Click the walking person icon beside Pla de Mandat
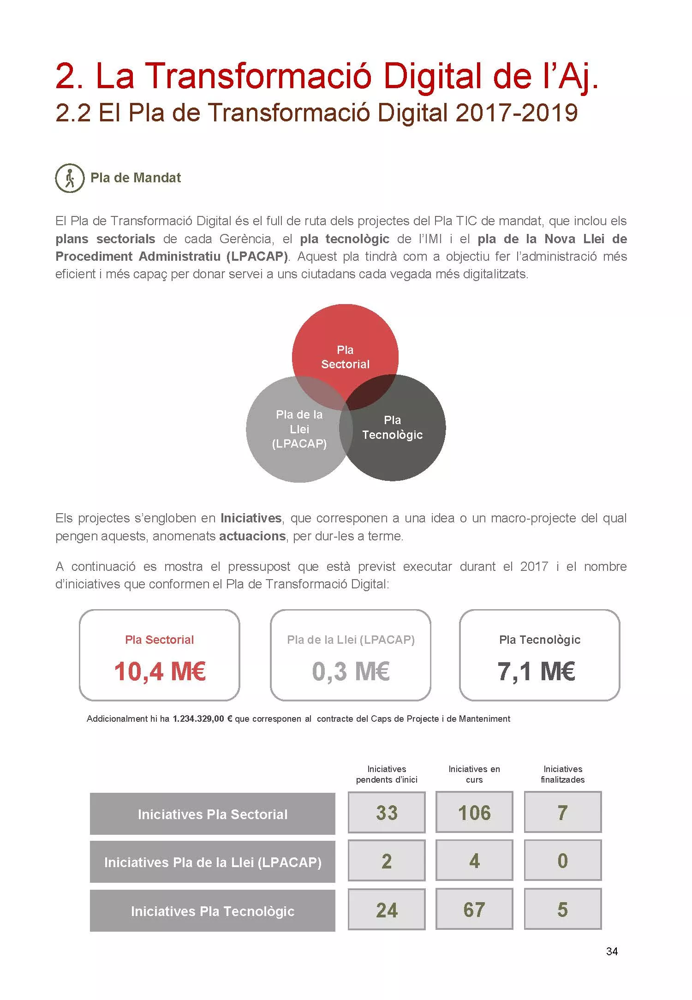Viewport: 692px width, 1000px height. click(70, 178)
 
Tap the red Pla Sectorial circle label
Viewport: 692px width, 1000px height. click(345, 357)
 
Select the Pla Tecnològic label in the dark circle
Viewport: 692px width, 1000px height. click(392, 428)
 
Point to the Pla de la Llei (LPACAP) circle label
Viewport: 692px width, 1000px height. click(299, 429)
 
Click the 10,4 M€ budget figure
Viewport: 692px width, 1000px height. click(160, 671)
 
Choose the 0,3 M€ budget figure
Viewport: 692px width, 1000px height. click(351, 671)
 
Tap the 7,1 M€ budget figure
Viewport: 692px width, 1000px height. click(536, 671)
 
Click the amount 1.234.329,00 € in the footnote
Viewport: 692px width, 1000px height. click(202, 719)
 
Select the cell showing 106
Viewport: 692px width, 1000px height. click(474, 813)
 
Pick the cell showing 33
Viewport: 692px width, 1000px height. click(387, 813)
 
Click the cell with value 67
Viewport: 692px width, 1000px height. click(474, 910)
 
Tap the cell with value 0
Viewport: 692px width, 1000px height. click(562, 861)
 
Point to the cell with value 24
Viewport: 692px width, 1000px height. click(387, 910)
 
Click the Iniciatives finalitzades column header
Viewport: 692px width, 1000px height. click(562, 774)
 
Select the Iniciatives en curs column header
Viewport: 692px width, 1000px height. click(474, 774)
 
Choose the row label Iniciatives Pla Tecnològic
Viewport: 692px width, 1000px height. click(212, 911)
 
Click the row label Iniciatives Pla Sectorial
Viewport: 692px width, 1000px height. click(212, 814)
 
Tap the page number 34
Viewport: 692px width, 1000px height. click(612, 952)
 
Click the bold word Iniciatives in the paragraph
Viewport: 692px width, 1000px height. click(251, 518)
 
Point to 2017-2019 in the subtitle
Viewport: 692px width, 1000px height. click(516, 113)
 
